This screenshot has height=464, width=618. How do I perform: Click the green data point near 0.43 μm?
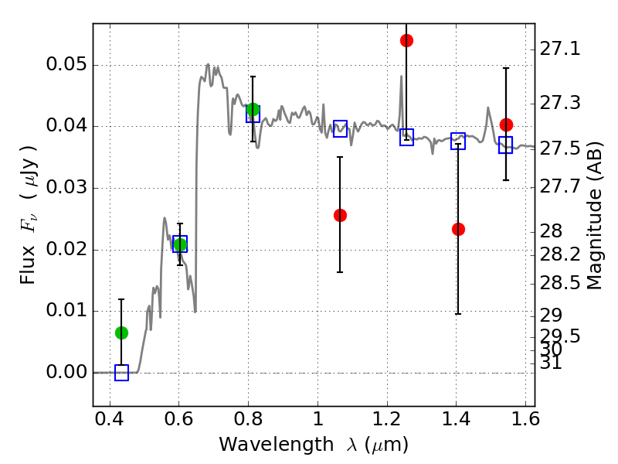121,333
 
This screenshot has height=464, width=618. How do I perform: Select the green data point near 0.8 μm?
253,109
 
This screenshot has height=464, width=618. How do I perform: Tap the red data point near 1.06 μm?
340,216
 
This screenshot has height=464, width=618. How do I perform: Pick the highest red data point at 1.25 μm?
407,41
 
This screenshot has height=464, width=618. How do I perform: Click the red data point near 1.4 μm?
458,229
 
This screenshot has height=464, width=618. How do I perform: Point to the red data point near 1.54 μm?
506,125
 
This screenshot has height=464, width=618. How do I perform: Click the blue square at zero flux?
121,373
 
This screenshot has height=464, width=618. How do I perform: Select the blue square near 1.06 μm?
340,128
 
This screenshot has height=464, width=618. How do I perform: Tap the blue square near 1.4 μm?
458,141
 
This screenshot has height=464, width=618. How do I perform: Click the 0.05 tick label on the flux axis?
66,64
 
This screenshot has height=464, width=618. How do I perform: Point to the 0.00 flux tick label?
66,372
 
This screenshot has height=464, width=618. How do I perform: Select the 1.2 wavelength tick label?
387,419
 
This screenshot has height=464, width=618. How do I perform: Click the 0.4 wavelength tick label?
110,419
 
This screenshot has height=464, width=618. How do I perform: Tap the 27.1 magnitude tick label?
559,49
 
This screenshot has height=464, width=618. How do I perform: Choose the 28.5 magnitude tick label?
559,283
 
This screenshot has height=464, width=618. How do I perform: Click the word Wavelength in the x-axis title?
277,445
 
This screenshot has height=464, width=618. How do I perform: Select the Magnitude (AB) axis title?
595,216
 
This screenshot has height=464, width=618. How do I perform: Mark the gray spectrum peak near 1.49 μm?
488,107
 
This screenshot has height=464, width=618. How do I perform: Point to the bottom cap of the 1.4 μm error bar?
458,314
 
